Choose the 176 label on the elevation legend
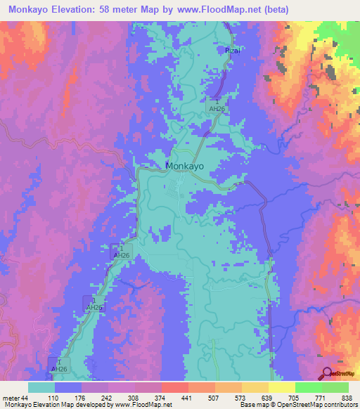click(x=88, y=398)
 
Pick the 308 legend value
click(x=141, y=398)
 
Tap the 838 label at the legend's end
click(x=347, y=398)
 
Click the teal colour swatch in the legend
click(x=41, y=387)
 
